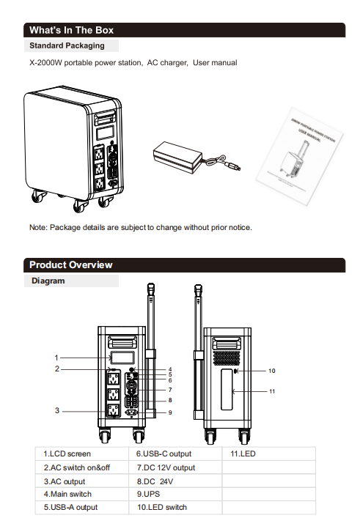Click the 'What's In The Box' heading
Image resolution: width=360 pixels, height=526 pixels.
71,30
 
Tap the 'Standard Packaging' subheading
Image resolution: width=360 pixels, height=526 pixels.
67,45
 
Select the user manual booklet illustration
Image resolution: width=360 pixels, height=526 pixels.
300,156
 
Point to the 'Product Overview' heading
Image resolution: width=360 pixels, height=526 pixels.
71,265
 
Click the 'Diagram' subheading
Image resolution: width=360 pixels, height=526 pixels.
48,281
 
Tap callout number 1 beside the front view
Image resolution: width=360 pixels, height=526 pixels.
56,358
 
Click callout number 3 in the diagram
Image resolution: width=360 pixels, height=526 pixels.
57,410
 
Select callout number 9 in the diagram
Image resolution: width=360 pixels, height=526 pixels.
170,412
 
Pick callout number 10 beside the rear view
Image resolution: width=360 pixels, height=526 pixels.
272,371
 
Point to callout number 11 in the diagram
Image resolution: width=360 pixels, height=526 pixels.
272,391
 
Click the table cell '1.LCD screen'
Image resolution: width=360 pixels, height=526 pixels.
82,454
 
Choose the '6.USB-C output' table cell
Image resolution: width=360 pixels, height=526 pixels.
175,454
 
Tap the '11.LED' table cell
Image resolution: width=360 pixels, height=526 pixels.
268,454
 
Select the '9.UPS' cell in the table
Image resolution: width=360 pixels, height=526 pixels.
175,494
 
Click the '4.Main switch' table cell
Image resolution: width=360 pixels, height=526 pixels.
82,494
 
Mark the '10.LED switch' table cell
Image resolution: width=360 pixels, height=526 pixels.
175,507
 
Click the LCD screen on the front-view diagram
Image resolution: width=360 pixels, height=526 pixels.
122,358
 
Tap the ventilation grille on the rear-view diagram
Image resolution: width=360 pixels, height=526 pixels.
227,358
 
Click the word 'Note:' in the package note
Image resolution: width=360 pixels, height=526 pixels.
38,227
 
